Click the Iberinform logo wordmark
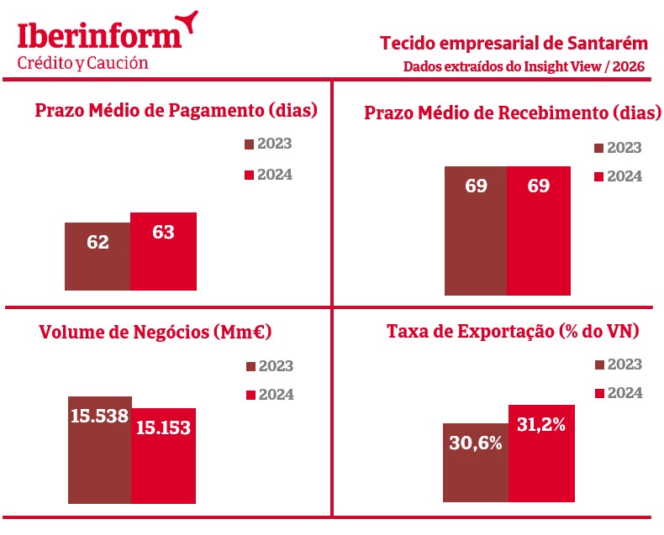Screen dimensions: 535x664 99,35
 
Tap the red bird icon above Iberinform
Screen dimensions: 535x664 189,20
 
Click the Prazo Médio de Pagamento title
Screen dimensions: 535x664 175,111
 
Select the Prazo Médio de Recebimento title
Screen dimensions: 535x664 512,113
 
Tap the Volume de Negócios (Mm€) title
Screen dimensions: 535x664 155,333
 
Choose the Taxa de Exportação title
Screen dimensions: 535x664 513,332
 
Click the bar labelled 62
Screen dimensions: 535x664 97,256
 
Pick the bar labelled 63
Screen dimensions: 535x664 163,251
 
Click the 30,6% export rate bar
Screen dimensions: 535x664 476,465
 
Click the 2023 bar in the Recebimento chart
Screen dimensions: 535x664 476,230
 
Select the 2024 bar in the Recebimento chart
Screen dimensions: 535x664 539,230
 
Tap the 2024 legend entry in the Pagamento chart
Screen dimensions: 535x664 267,175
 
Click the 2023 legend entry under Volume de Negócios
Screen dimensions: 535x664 269,366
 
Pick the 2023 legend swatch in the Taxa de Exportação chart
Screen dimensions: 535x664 599,365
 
